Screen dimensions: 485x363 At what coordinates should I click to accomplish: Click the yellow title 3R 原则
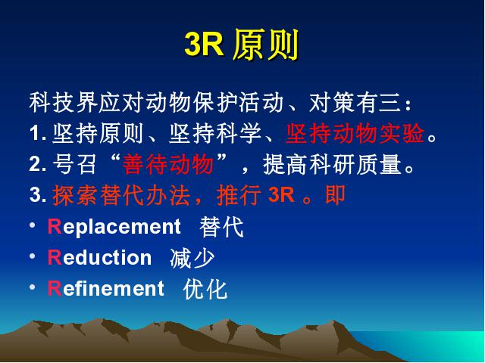pos(241,45)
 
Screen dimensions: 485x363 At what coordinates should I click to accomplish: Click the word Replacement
pos(114,227)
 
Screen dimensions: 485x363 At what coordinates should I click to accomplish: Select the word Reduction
pos(99,257)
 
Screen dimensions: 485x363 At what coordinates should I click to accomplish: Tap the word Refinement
pos(106,288)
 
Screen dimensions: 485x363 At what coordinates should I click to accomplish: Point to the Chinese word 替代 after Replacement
pos(221,227)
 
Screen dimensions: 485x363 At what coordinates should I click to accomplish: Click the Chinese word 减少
pos(192,258)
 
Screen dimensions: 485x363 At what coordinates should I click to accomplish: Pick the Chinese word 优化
pos(205,289)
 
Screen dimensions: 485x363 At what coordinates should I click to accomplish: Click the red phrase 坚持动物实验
pos(355,134)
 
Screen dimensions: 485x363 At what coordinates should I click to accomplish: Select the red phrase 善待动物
pos(167,164)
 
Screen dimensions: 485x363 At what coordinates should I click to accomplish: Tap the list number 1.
pos(38,134)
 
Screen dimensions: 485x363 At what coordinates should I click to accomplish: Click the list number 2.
pos(38,164)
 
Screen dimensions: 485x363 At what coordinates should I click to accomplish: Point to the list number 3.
pos(38,195)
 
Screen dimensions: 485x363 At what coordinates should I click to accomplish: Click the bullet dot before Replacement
pos(33,225)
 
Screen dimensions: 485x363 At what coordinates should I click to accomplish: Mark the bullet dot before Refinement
pos(33,287)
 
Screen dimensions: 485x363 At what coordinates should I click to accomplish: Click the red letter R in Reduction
pos(55,257)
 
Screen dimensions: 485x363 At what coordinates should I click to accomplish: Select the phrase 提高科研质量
pos(339,165)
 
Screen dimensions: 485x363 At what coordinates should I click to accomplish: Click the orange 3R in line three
pos(281,195)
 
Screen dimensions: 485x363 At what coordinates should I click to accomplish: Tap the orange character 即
pos(335,195)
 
